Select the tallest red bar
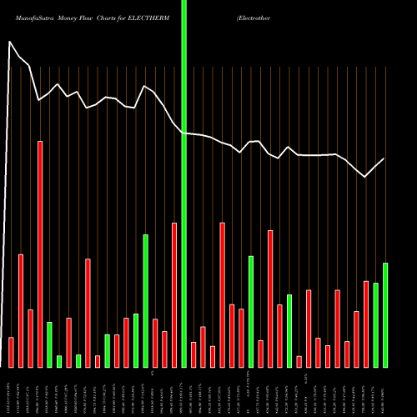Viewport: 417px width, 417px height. (x=39, y=254)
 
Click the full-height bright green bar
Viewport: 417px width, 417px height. (x=183, y=183)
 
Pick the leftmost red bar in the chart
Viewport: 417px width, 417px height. (x=11, y=352)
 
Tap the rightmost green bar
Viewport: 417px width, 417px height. (x=385, y=314)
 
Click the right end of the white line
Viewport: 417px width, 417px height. (x=384, y=158)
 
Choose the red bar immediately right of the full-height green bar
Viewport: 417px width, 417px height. (x=193, y=354)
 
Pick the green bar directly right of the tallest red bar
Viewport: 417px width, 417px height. (x=49, y=344)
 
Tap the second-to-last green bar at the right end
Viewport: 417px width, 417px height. (x=375, y=324)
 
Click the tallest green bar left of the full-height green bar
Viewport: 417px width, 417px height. (x=145, y=300)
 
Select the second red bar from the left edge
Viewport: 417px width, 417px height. (x=20, y=310)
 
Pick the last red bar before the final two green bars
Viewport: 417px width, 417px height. (x=366, y=324)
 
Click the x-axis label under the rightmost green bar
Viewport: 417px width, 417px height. (x=385, y=392)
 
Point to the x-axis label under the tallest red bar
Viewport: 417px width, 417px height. (x=39, y=392)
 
